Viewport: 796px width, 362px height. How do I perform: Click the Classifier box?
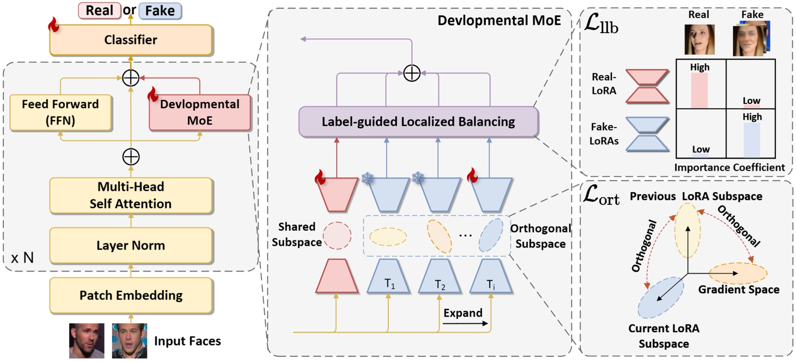click(x=131, y=40)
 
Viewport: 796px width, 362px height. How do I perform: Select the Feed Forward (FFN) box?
click(x=61, y=112)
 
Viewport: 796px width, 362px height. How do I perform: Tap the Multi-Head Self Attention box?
click(x=131, y=195)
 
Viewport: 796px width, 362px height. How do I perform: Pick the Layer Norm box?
click(x=131, y=246)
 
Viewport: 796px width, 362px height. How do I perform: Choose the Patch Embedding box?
click(x=131, y=296)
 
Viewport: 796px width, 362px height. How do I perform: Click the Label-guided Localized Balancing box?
click(x=418, y=122)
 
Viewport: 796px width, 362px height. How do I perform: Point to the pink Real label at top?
click(x=99, y=11)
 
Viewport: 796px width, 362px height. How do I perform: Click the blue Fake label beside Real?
click(x=160, y=11)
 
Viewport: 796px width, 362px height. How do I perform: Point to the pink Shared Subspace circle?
click(x=337, y=236)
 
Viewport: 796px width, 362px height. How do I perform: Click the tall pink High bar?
click(x=699, y=90)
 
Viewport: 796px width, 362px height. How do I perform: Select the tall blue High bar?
click(x=752, y=140)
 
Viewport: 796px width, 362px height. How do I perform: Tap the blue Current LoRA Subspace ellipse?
click(x=661, y=297)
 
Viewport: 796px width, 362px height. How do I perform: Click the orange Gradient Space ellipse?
click(x=737, y=273)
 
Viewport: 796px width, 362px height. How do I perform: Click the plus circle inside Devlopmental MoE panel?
click(x=412, y=73)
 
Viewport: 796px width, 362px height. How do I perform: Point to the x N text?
click(x=22, y=258)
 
